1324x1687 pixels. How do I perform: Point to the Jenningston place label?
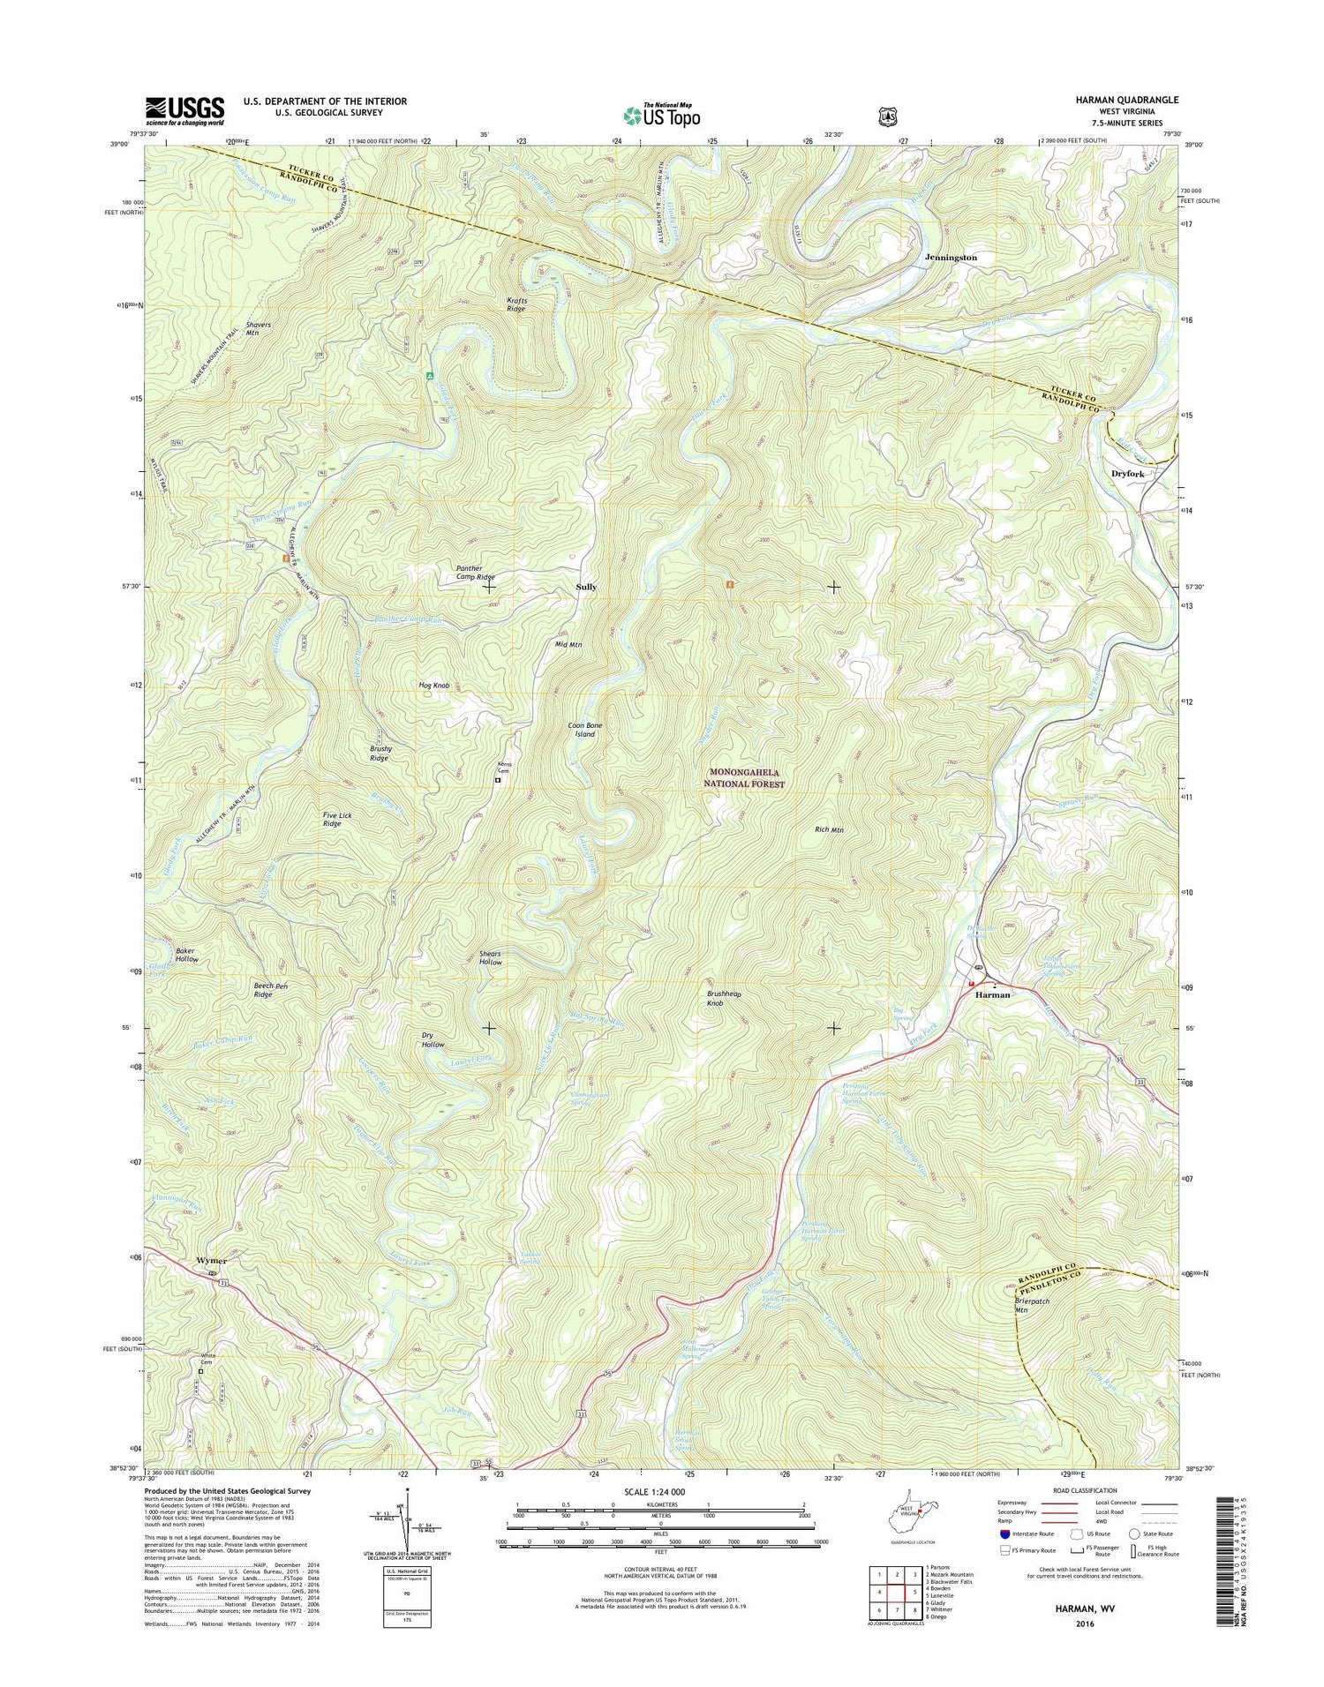tap(951, 258)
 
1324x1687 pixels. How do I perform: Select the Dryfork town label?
tap(1127, 474)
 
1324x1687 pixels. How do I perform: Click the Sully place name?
tap(586, 587)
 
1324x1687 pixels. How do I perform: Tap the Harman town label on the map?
tap(992, 994)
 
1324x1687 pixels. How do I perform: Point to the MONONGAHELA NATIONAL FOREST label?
tap(743, 778)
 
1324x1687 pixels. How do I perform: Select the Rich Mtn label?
tap(829, 829)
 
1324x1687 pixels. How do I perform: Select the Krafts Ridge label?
tap(516, 304)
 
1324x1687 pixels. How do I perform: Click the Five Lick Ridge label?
tap(337, 820)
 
